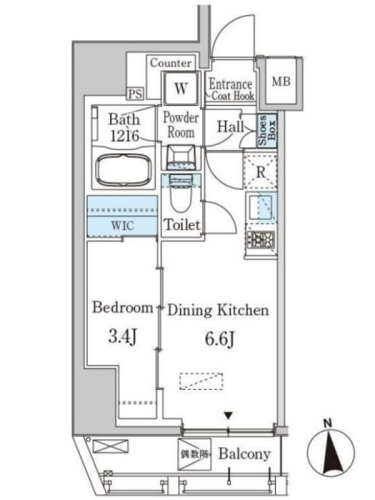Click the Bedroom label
pos(122,307)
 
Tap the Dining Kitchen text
pos(218,310)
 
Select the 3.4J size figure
pos(122,337)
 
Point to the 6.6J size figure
pos(220,339)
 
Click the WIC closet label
pos(122,226)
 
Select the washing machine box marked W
pos(181,88)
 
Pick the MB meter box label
pos(281,82)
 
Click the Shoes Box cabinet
pos(267,131)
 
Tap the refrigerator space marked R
pos(261,172)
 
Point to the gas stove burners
pos(261,239)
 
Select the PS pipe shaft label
pos(135,94)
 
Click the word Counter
pos(171,63)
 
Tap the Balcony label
pos(244,454)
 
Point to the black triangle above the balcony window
pos(227,416)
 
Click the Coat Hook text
pos(233,96)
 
